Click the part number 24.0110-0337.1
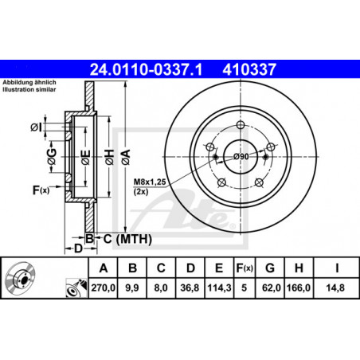tap(146, 69)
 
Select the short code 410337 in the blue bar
tap(249, 69)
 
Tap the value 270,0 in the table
tap(104, 288)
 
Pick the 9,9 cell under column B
tap(132, 288)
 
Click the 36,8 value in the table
tap(190, 288)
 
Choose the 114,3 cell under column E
tap(219, 288)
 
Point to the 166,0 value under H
tap(299, 288)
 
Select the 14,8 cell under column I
tap(335, 288)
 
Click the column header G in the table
tap(270, 268)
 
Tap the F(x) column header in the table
tap(245, 268)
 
